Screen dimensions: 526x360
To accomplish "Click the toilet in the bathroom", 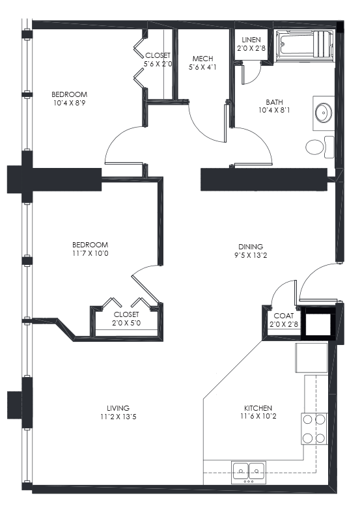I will coord(318,146).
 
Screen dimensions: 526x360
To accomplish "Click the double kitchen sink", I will coord(248,469).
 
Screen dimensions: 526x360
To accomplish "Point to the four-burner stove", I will coord(313,428).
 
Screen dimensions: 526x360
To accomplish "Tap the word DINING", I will coord(251,247).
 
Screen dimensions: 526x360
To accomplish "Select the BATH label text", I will coord(274,102).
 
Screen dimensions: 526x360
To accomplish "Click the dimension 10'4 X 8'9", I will coord(70,103).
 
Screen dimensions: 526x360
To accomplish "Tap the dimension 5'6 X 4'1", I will coord(202,67).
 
